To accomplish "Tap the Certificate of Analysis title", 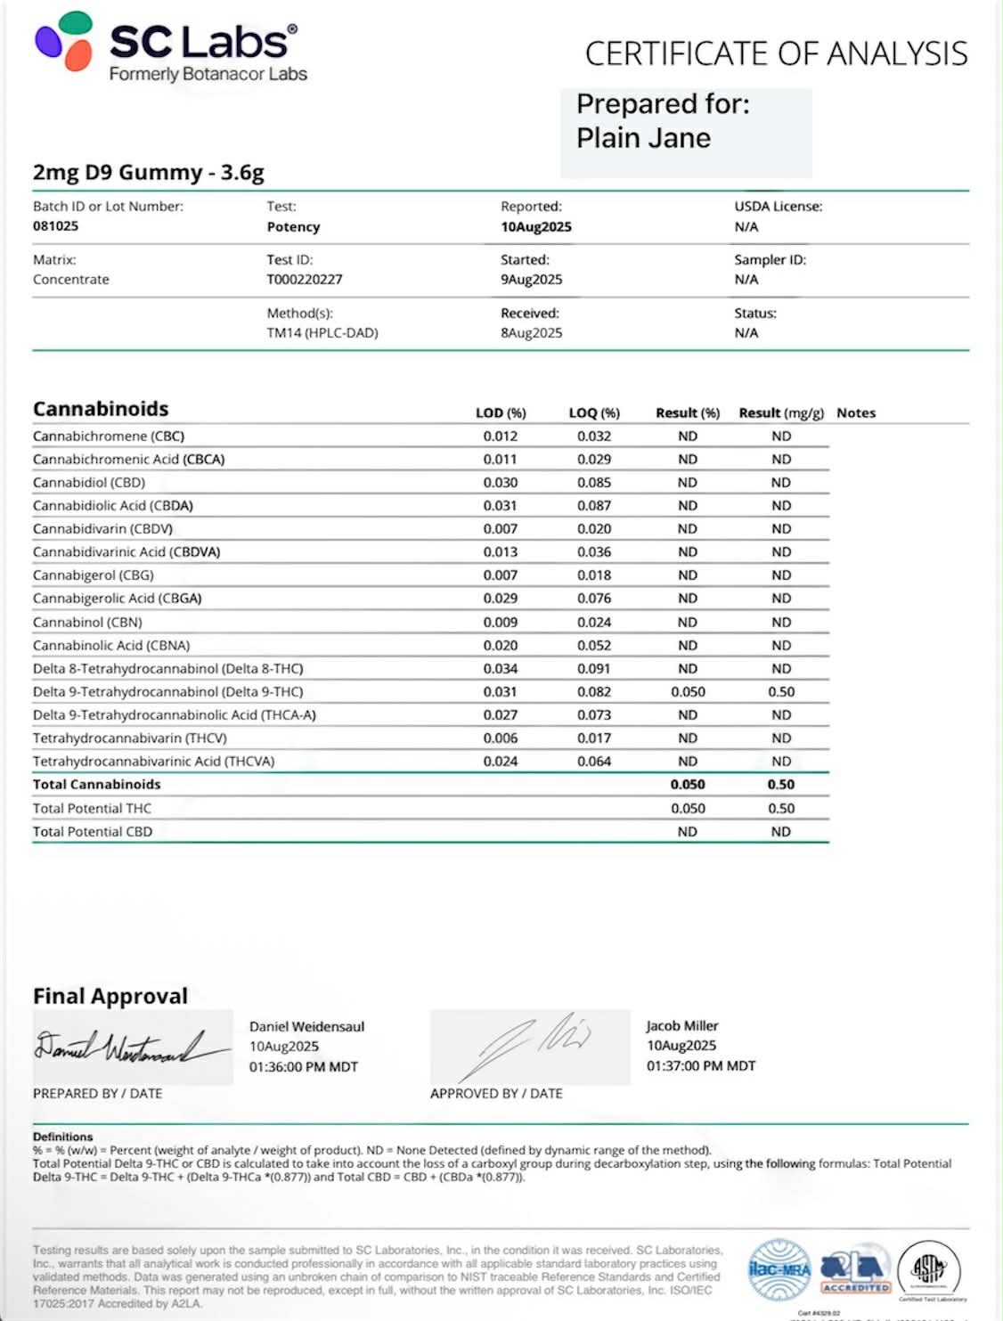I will [776, 54].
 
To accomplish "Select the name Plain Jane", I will [643, 138].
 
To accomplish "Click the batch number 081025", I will [56, 226].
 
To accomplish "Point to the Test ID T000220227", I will [305, 280].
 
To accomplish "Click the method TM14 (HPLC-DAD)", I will [322, 333].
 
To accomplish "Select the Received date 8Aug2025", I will [531, 333].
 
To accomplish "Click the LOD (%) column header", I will [501, 413].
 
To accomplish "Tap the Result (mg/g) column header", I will [780, 413].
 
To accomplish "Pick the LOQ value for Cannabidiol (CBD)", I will [593, 483].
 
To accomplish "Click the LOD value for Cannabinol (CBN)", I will [500, 622].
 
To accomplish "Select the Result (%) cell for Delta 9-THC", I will [688, 692].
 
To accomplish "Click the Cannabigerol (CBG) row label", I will [94, 575].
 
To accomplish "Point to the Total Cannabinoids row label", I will [97, 785].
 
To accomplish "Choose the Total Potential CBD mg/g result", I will [780, 832].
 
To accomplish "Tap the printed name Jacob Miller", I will [682, 1026].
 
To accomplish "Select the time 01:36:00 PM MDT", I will [304, 1067].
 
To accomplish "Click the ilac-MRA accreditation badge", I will [780, 1268].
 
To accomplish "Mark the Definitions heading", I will [63, 1137].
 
